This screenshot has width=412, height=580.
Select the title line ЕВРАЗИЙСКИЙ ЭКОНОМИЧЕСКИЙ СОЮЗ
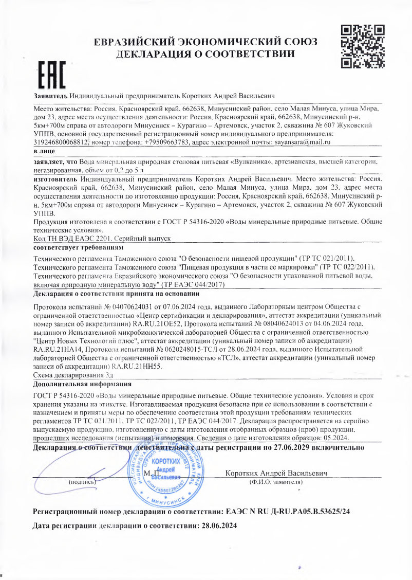205,42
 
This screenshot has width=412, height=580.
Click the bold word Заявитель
50,96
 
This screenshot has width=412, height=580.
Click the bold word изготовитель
55,179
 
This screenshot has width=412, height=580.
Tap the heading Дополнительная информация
83,384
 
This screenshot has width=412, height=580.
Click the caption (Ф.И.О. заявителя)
276,483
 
